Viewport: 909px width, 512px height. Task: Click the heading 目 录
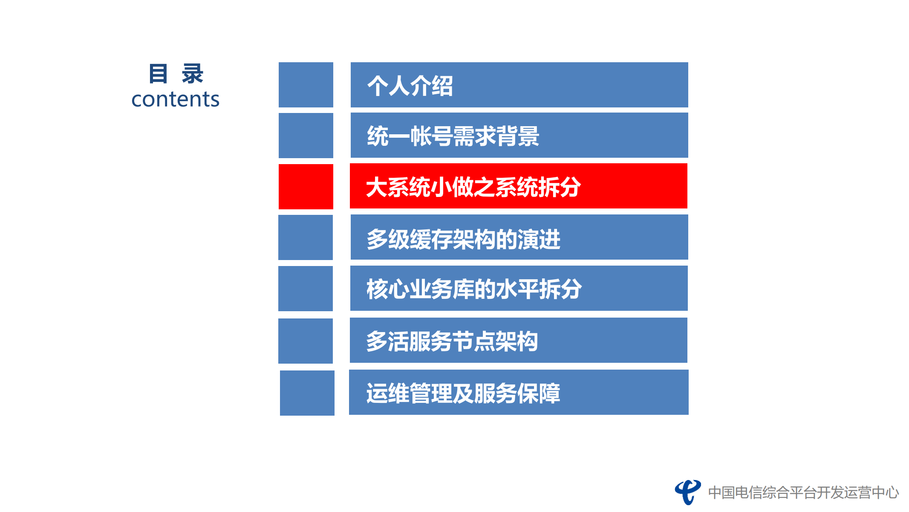click(176, 74)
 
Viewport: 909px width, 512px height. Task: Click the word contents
click(175, 99)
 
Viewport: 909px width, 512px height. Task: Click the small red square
click(306, 187)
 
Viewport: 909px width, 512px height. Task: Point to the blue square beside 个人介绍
click(306, 85)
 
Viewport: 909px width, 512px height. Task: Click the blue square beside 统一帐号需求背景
click(306, 136)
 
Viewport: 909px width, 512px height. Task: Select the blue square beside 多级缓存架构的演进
click(305, 237)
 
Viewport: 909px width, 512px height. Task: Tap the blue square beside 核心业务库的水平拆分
click(305, 289)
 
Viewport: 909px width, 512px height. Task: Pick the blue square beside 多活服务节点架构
click(305, 341)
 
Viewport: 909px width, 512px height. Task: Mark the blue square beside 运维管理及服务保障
click(307, 393)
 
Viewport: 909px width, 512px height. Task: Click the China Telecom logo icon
click(687, 492)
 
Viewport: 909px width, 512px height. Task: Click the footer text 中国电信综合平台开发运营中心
click(803, 492)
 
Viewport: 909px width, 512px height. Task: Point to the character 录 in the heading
click(193, 74)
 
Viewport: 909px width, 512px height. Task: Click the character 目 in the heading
click(158, 74)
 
